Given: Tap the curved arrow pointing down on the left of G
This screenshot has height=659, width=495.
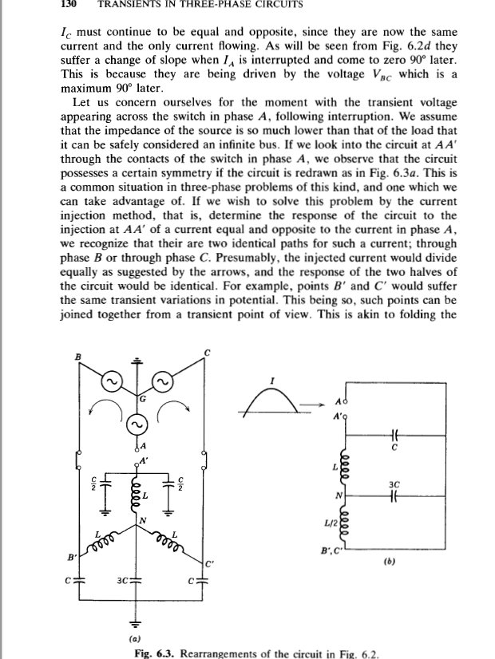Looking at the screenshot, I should [96, 412].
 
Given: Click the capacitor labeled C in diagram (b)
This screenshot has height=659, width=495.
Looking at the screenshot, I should [392, 436].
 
